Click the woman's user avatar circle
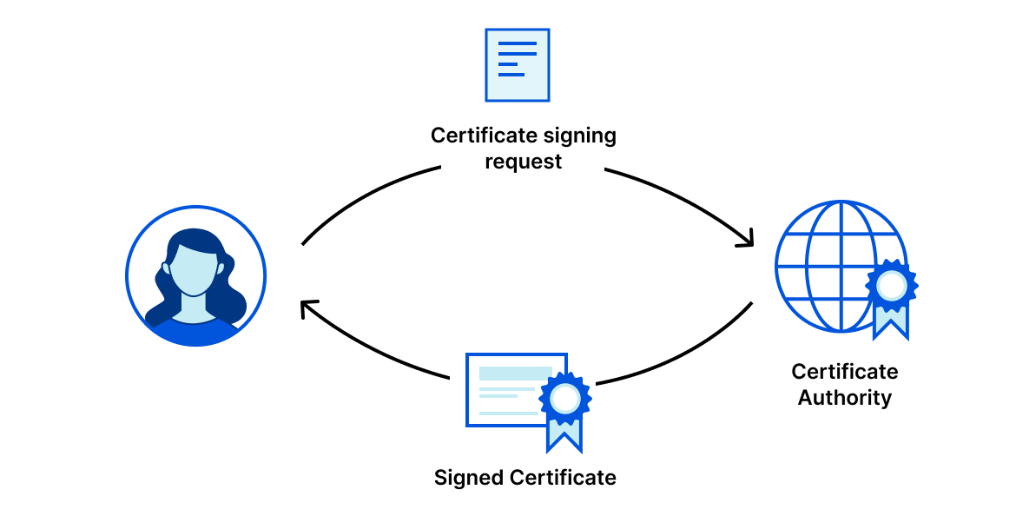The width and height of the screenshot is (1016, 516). pos(195,276)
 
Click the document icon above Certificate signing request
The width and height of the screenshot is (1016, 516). pos(517,65)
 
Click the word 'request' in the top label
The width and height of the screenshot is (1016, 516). pos(524,162)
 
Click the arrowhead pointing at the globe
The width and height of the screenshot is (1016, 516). pos(747,241)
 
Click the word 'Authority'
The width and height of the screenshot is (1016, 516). pos(845,398)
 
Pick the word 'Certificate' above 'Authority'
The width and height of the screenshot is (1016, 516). pos(845,372)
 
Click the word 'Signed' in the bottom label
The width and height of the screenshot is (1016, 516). pos(469,478)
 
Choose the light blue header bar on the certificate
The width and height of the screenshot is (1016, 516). pos(514,373)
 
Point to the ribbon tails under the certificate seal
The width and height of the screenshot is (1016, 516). pos(564,434)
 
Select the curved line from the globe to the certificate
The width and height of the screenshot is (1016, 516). pos(686,356)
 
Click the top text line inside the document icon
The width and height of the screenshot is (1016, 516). pos(517,43)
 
